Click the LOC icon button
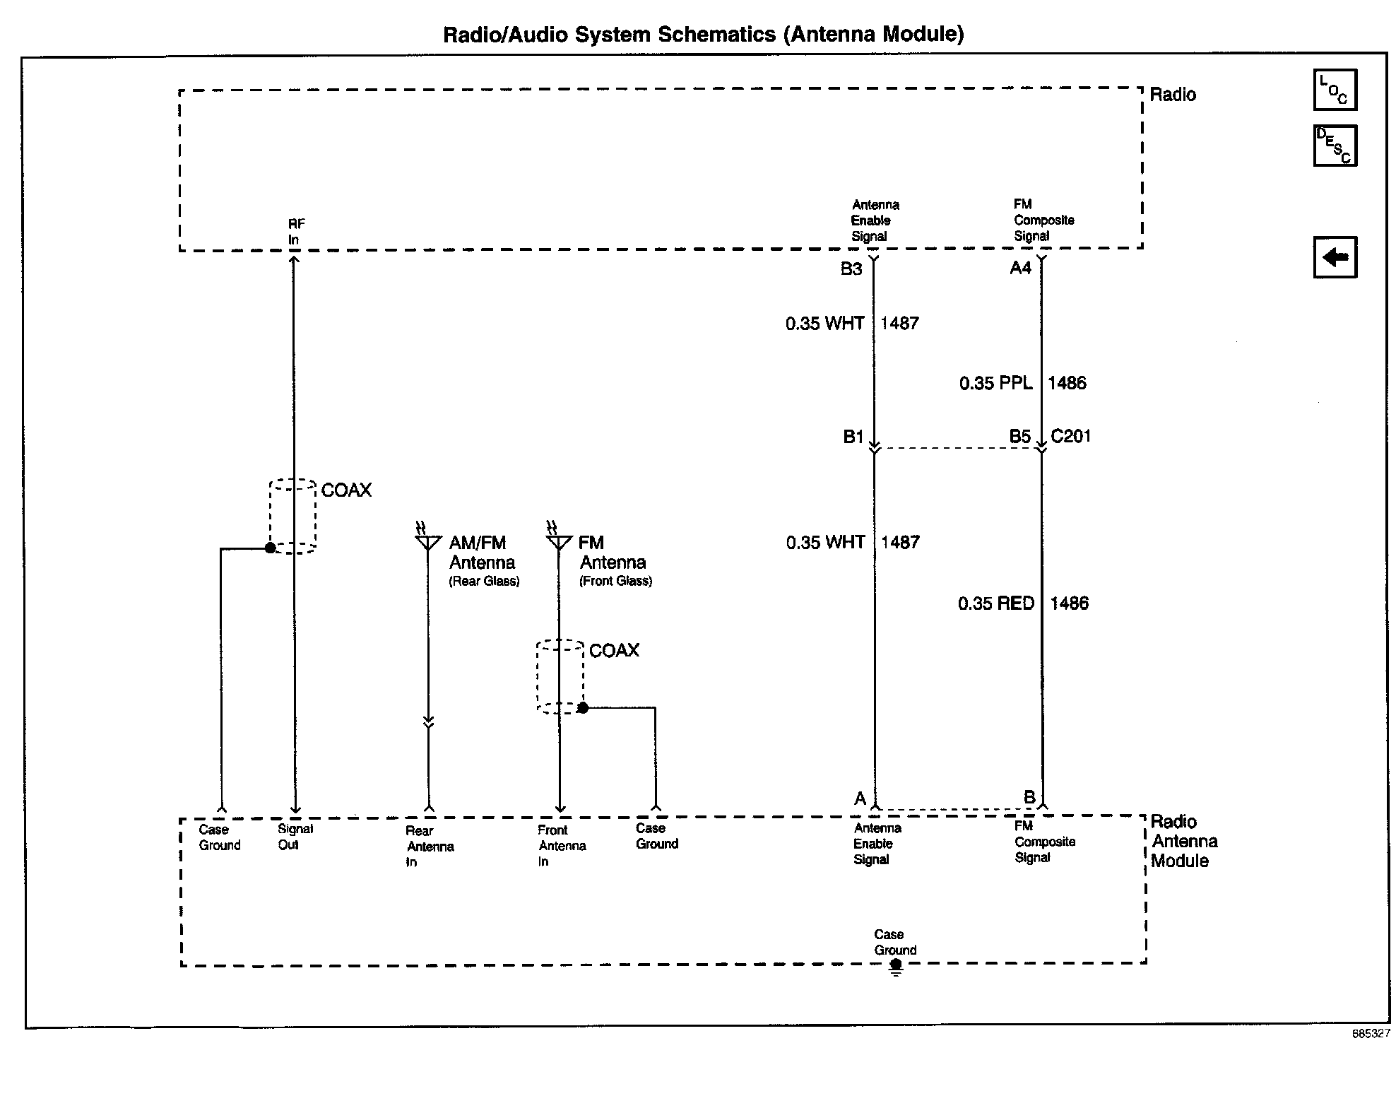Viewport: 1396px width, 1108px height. tap(1335, 90)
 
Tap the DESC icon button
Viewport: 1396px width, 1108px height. tap(1335, 146)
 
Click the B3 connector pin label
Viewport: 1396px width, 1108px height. tap(851, 269)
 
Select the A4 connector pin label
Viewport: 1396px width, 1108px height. tap(1020, 268)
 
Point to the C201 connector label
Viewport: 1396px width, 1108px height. tap(1071, 436)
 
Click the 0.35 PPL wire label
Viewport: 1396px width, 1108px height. tap(995, 383)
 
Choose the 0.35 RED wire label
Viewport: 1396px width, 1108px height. tap(995, 603)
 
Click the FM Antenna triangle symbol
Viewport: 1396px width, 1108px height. tap(559, 542)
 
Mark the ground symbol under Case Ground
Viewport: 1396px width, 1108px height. tap(896, 968)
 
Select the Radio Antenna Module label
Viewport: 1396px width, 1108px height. tap(1184, 841)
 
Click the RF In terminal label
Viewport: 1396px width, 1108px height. tap(295, 232)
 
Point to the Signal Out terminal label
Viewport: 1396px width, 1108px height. tap(295, 837)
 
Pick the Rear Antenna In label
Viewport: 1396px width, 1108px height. tap(429, 847)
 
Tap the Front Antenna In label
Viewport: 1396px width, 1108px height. tap(561, 846)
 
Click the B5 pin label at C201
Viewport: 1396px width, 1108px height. tap(1019, 437)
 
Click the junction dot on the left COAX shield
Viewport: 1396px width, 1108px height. tap(270, 548)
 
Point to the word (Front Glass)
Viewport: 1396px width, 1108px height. tap(615, 582)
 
